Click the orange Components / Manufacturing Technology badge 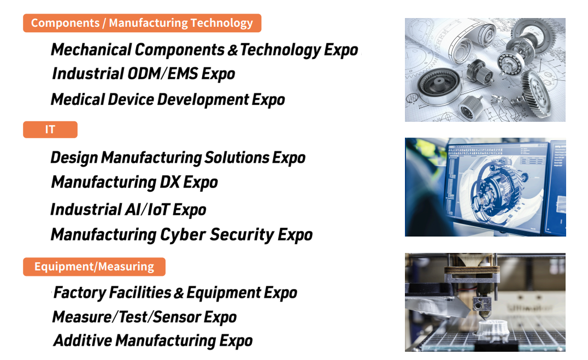[142, 23]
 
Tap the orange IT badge [50, 129]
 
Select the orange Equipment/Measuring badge [94, 267]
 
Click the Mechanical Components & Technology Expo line [204, 50]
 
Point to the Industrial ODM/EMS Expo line [144, 74]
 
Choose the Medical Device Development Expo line [168, 100]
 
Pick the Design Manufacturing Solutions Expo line [178, 158]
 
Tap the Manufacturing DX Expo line [134, 182]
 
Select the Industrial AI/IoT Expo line [128, 210]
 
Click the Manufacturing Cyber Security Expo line [181, 235]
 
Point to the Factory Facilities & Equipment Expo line [175, 293]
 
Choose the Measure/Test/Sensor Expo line [144, 317]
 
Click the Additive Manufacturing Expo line [152, 341]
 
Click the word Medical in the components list [78, 100]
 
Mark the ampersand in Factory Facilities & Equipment [179, 293]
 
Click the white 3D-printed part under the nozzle [493, 328]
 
